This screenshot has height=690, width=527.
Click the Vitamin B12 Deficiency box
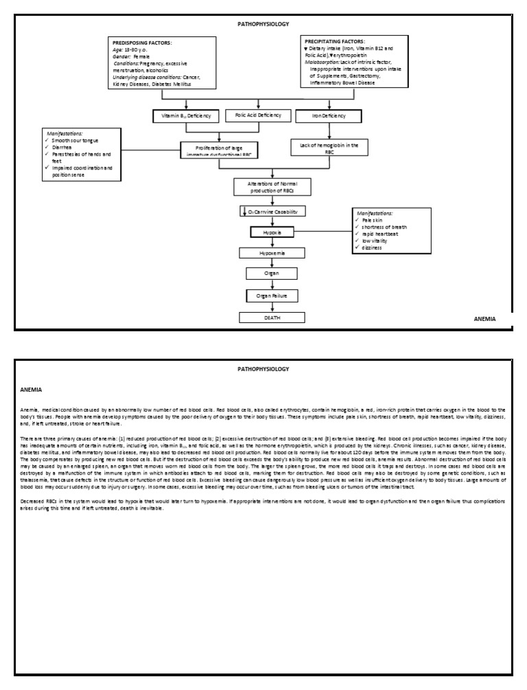click(x=186, y=116)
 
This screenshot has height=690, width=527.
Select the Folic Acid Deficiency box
click(x=258, y=115)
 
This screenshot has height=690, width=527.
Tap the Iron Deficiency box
click(x=329, y=116)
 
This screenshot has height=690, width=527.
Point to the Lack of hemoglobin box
click(x=329, y=148)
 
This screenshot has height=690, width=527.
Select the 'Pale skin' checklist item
click(x=375, y=221)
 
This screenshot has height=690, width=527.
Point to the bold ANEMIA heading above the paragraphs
click(x=32, y=389)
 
